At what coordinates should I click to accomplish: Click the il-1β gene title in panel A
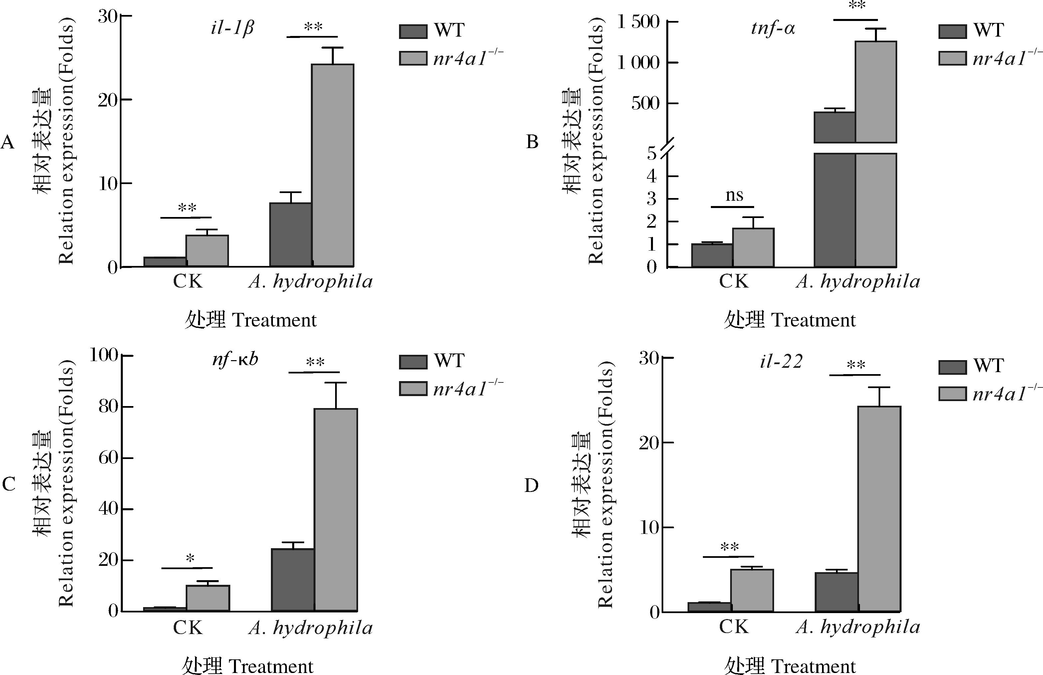[x=232, y=29]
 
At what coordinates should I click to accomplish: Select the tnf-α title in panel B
[x=773, y=29]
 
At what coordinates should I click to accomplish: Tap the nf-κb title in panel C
[x=235, y=359]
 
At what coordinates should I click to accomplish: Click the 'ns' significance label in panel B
[x=734, y=195]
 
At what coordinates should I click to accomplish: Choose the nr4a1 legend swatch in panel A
[x=413, y=58]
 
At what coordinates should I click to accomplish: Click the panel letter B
[x=532, y=142]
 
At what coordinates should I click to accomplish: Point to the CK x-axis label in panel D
[x=733, y=627]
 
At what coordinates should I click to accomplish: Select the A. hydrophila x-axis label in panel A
[x=310, y=281]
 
